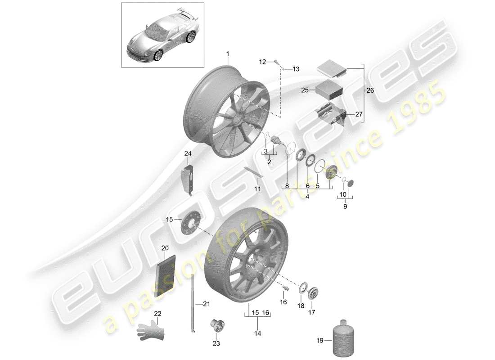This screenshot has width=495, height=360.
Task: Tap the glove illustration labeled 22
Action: coord(152,331)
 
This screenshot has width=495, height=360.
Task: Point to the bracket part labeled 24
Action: coord(190,180)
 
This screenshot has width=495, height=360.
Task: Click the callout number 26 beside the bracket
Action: coord(370,90)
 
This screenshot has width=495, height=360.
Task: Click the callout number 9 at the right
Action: coord(345,207)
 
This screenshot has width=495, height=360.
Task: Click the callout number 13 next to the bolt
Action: coord(296,69)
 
